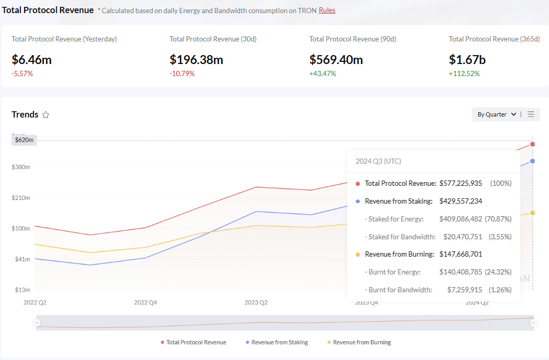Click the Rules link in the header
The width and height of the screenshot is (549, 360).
click(327, 10)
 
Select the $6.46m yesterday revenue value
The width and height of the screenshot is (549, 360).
click(31, 60)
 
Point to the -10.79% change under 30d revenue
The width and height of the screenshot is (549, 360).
click(182, 73)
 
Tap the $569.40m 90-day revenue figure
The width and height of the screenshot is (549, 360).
click(336, 60)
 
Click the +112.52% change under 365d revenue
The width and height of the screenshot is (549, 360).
click(464, 73)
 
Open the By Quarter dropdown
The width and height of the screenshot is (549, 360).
click(496, 114)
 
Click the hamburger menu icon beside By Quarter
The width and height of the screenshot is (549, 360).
click(531, 114)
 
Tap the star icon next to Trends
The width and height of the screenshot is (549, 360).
click(46, 115)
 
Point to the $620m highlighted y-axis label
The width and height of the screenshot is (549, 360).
click(24, 140)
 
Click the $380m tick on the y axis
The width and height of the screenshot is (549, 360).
click(21, 167)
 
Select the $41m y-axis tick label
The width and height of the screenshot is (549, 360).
click(23, 259)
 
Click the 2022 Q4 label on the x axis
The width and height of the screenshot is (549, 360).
click(145, 302)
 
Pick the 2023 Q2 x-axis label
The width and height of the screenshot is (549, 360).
click(256, 302)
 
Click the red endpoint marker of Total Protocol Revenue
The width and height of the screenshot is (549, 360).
click(532, 144)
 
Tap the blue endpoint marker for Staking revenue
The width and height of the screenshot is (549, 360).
click(532, 161)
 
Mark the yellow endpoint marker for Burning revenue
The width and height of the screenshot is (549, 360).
click(532, 213)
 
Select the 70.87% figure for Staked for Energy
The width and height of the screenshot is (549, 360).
click(501, 219)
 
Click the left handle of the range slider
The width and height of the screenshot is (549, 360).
click(37, 323)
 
